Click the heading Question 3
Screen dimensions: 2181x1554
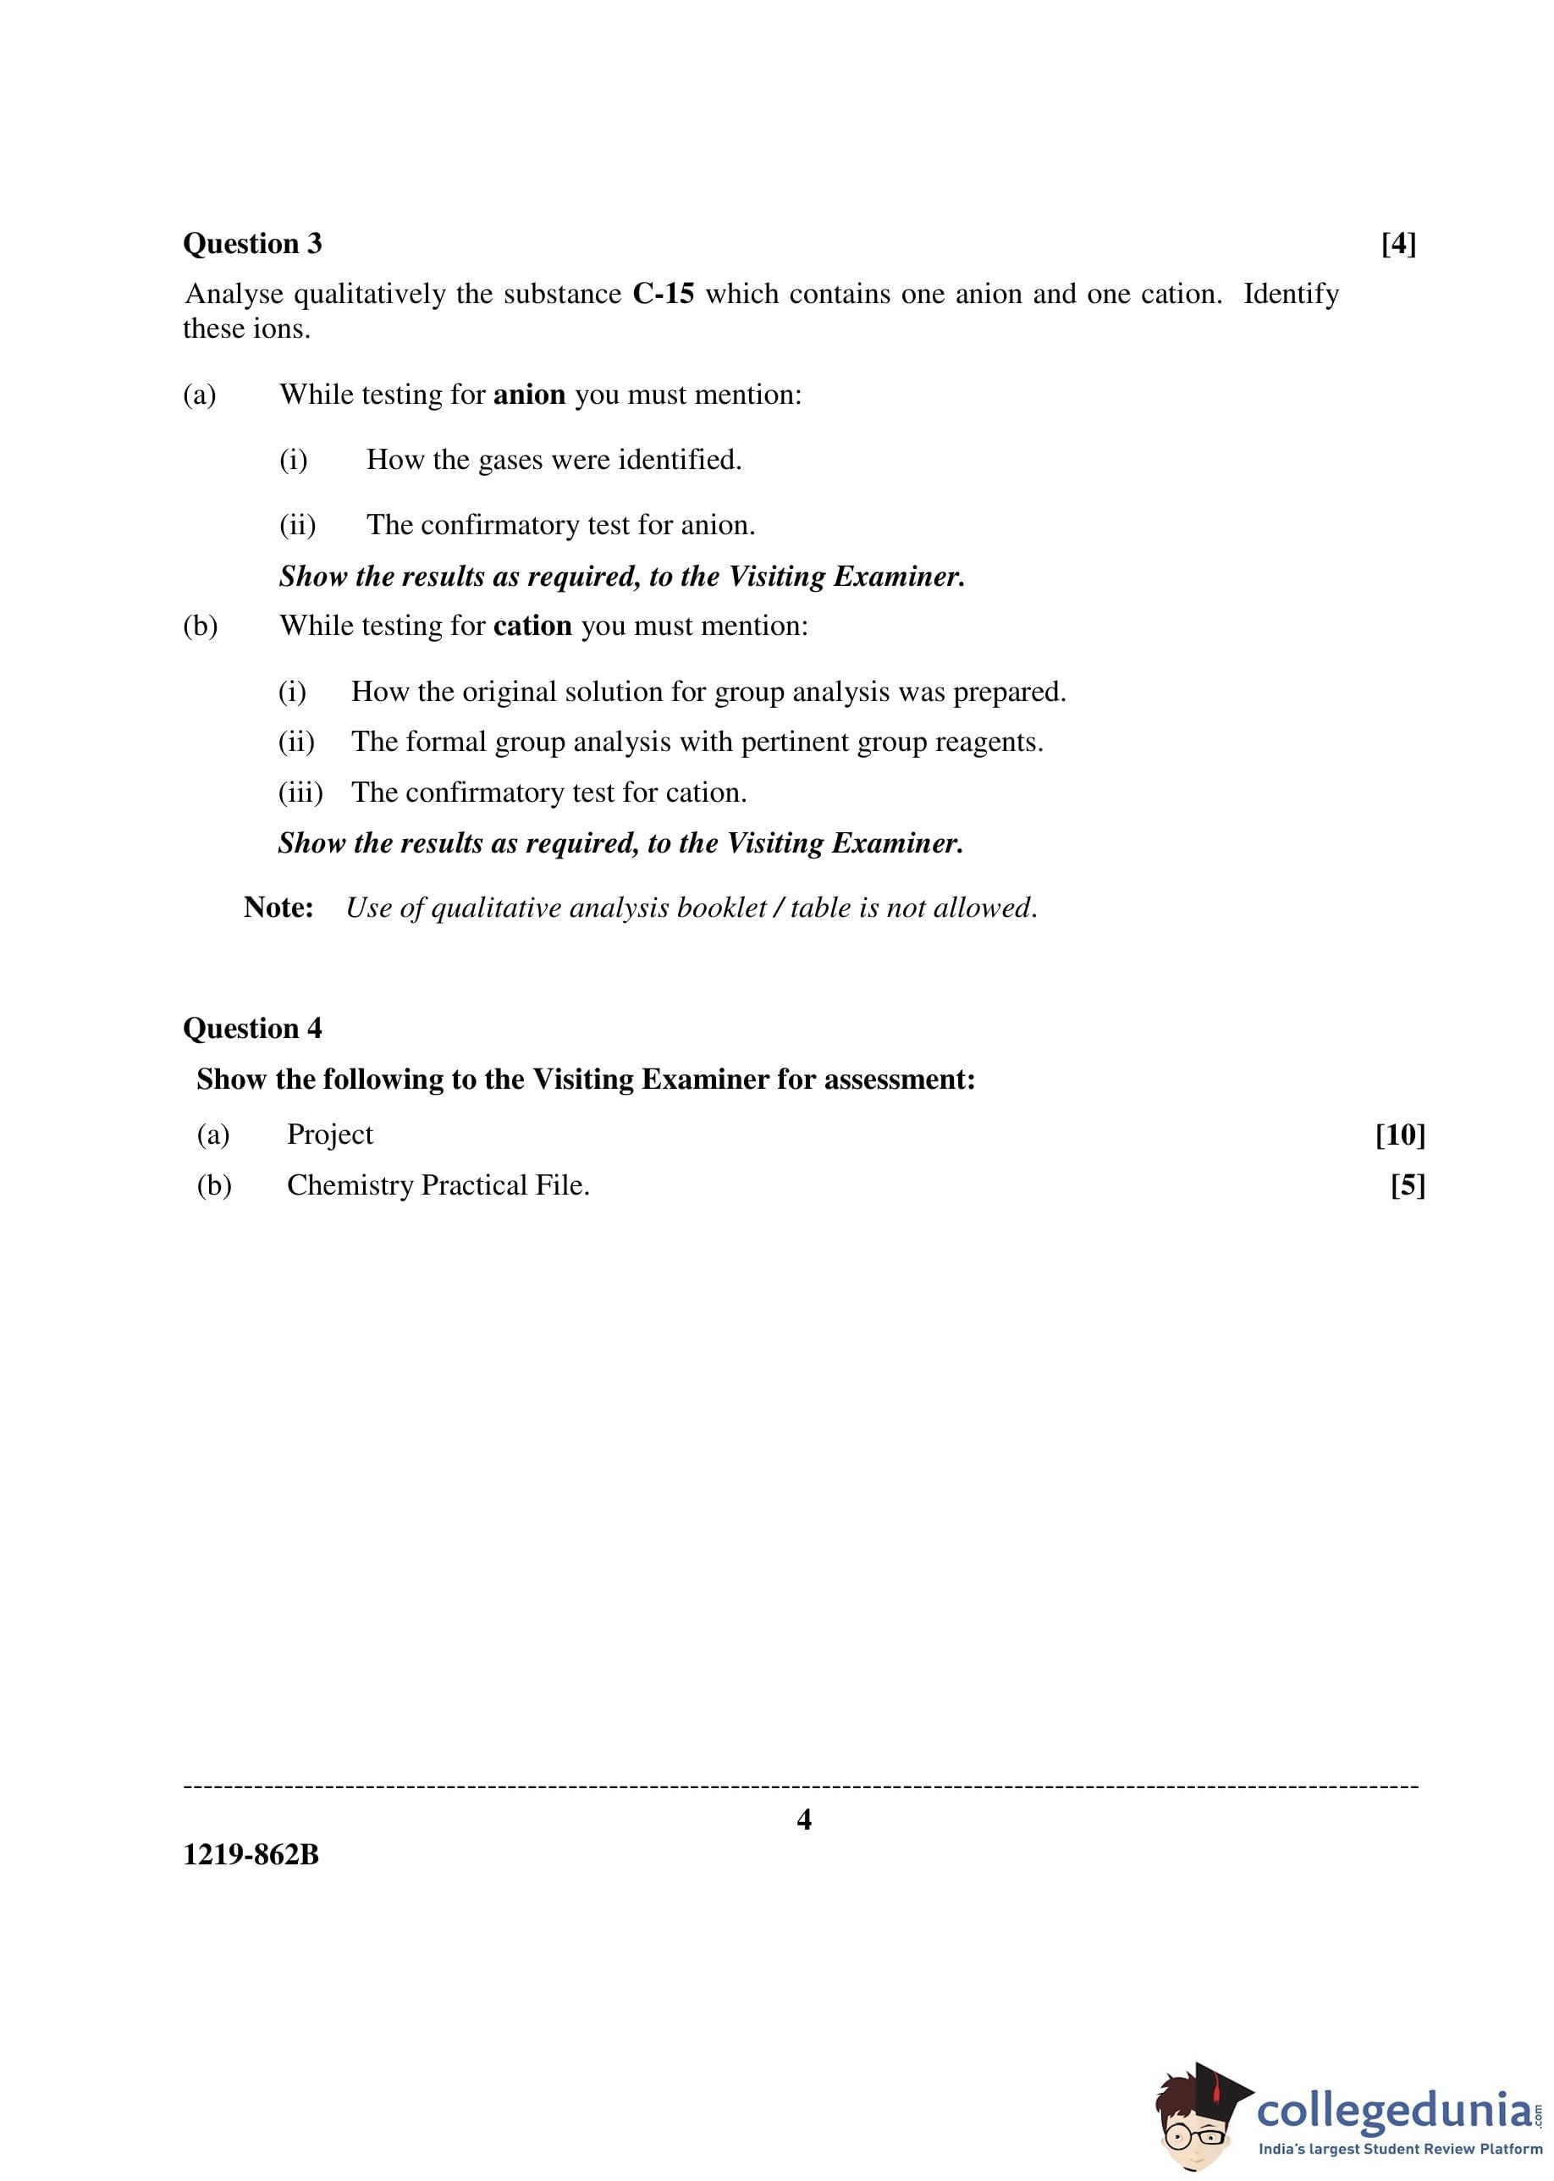252,244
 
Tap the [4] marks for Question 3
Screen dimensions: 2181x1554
1398,244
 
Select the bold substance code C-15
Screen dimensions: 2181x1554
663,294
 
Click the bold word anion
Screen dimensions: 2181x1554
529,395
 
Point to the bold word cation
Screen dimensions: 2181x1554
532,626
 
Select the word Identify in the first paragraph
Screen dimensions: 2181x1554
1291,294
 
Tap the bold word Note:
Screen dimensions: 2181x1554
278,908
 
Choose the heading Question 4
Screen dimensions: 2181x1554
252,1029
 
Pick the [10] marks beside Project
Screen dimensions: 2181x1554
1400,1135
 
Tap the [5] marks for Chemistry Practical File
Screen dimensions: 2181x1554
1408,1185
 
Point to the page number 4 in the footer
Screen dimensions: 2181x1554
804,1819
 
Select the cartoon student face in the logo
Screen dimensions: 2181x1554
1194,2128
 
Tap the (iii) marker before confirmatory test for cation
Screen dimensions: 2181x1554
300,792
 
